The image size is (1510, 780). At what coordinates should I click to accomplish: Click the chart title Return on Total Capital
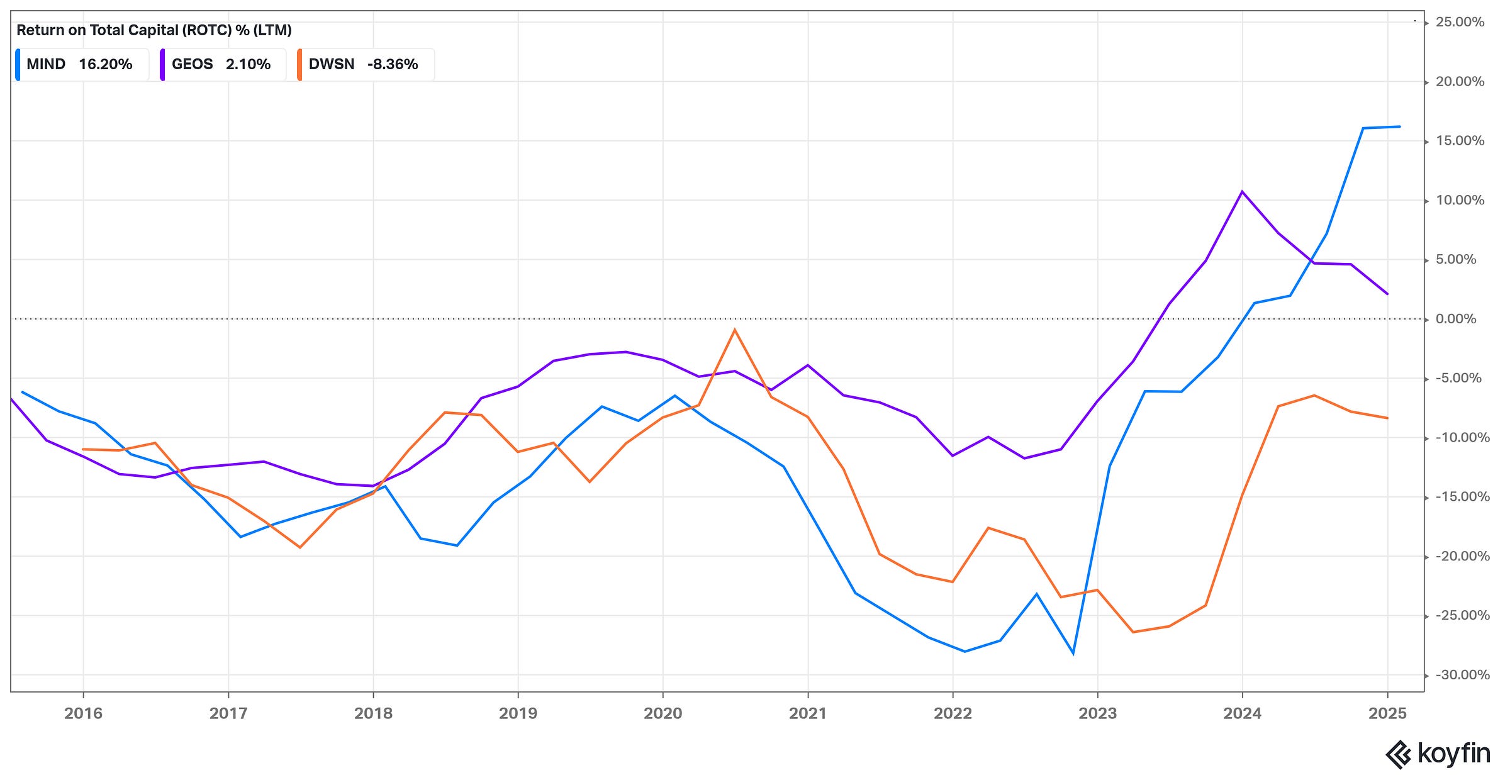coord(154,30)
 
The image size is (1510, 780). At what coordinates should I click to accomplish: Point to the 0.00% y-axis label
coord(1455,319)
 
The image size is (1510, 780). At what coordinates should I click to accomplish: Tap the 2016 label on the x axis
coord(83,713)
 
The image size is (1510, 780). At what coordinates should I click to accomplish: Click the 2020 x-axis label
coord(663,713)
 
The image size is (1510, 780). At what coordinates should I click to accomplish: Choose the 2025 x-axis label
coord(1387,713)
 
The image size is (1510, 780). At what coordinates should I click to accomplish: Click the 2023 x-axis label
coord(1097,713)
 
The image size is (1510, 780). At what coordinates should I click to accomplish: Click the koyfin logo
coord(1438,754)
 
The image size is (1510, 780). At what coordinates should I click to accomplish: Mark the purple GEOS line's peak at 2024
coord(1242,191)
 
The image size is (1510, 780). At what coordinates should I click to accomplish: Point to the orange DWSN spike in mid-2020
coord(734,330)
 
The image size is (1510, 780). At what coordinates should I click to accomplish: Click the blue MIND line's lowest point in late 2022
coord(1073,654)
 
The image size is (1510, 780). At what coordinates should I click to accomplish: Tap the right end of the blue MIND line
coord(1399,126)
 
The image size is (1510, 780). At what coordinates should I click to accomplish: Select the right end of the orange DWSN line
coord(1387,418)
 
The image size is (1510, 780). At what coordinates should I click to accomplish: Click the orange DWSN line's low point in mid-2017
coord(300,547)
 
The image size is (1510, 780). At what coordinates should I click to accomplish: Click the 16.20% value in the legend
coord(106,64)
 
